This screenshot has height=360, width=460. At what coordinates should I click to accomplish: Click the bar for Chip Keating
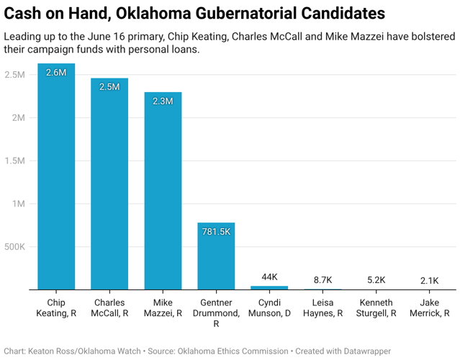coord(56,176)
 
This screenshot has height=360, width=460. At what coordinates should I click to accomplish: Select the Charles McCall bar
coord(109,184)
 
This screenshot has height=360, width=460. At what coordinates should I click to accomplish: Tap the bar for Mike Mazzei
coord(163,191)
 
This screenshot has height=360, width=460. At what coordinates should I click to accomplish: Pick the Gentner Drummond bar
coord(216,256)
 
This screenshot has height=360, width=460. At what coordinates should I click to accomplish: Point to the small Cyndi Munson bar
coord(269,288)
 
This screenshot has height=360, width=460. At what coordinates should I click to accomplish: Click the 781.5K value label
coord(216,232)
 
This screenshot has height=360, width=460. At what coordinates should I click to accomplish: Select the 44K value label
coord(269,277)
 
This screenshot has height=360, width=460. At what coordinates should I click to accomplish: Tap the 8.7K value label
coord(323,280)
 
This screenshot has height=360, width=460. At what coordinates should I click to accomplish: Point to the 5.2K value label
coord(376,280)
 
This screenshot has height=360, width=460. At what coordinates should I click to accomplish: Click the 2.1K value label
coord(429,281)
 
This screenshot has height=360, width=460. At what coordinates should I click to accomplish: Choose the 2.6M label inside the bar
coord(56,73)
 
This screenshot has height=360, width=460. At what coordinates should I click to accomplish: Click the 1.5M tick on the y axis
coord(14,161)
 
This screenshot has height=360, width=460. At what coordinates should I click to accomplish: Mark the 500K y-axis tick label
coord(14,247)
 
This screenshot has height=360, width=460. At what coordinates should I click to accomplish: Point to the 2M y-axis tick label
coord(19,117)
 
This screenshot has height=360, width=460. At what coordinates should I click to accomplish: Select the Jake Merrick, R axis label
coord(430,307)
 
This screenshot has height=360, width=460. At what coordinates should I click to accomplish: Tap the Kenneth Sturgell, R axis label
coord(376,307)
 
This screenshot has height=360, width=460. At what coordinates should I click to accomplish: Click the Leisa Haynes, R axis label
coord(323,307)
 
